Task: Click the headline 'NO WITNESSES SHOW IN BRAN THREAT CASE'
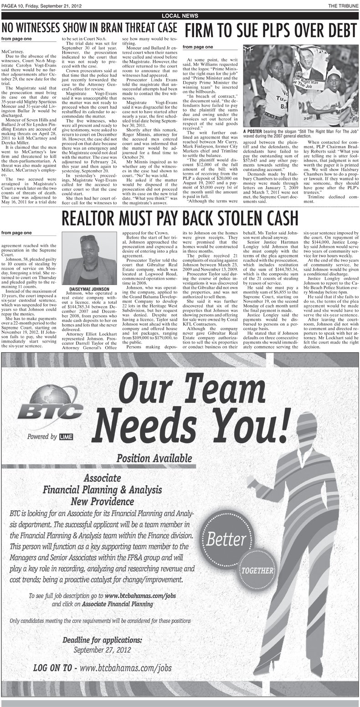(90, 28)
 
